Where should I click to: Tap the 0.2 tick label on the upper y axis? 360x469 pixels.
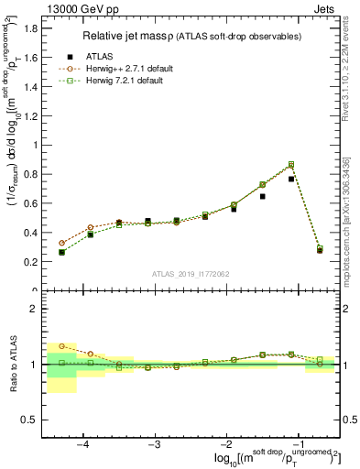click(x=31, y=262)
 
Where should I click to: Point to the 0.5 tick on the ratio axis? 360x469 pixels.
click(x=31, y=420)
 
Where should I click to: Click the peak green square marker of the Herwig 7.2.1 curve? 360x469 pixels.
click(x=291, y=164)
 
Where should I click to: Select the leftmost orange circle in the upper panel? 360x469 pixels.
click(x=61, y=243)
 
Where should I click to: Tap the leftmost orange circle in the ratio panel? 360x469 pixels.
click(x=61, y=346)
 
